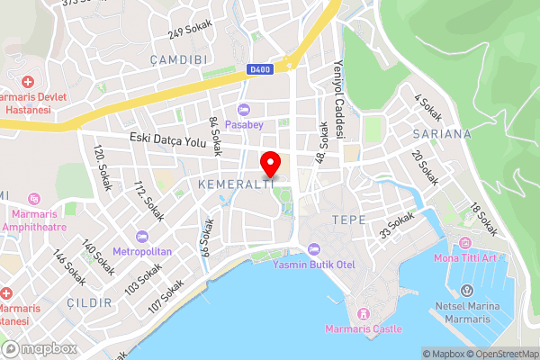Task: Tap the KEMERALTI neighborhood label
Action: [x=235, y=184]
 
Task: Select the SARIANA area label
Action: [x=441, y=133]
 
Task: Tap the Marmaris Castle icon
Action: [x=364, y=313]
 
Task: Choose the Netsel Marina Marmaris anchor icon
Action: [x=467, y=291]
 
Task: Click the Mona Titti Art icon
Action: [x=465, y=243]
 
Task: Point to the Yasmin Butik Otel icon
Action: [x=313, y=249]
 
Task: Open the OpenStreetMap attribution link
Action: [x=500, y=354]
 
